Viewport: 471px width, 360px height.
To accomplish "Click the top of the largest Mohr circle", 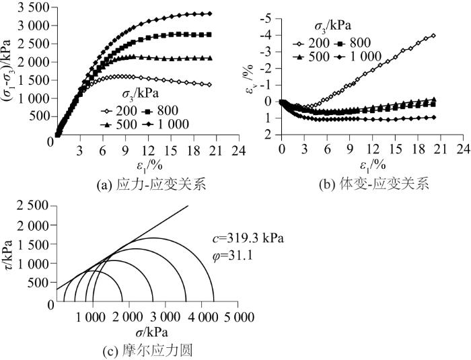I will coord(153,238).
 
